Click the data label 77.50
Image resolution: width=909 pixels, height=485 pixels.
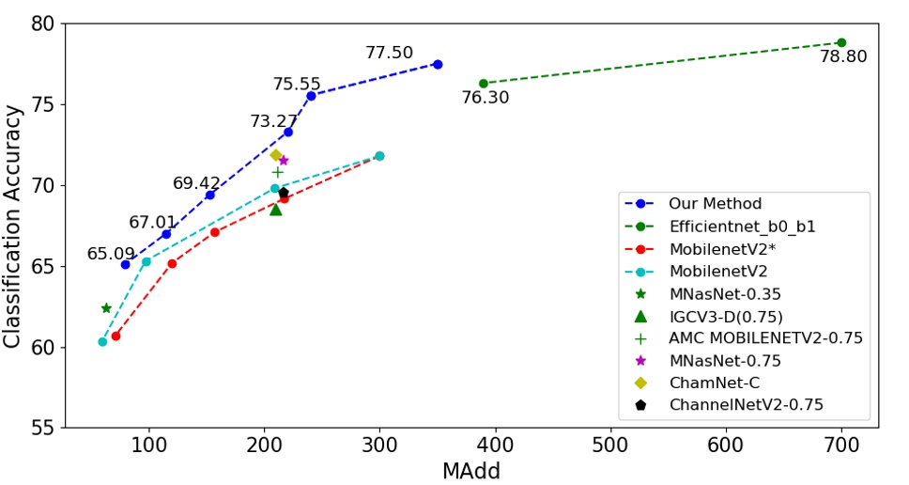(389, 54)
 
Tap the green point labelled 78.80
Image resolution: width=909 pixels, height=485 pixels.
(841, 42)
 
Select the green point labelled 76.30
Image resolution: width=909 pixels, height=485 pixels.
(484, 84)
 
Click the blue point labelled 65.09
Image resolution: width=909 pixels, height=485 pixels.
(126, 264)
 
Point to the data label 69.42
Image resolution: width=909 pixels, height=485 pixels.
(196, 183)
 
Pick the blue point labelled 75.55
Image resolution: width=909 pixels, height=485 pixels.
(311, 95)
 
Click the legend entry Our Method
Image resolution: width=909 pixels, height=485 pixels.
(715, 203)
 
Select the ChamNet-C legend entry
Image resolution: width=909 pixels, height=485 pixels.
(714, 383)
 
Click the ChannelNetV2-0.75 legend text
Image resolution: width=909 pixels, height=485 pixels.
(746, 405)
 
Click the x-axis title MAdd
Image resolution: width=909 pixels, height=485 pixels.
(471, 470)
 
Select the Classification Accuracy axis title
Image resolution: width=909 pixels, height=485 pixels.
(13, 226)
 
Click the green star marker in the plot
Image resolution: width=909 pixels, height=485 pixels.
(106, 308)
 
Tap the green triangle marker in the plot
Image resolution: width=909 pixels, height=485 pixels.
(275, 209)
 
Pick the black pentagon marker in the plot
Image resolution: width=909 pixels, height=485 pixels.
(284, 193)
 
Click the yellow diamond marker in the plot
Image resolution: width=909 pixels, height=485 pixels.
(275, 155)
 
